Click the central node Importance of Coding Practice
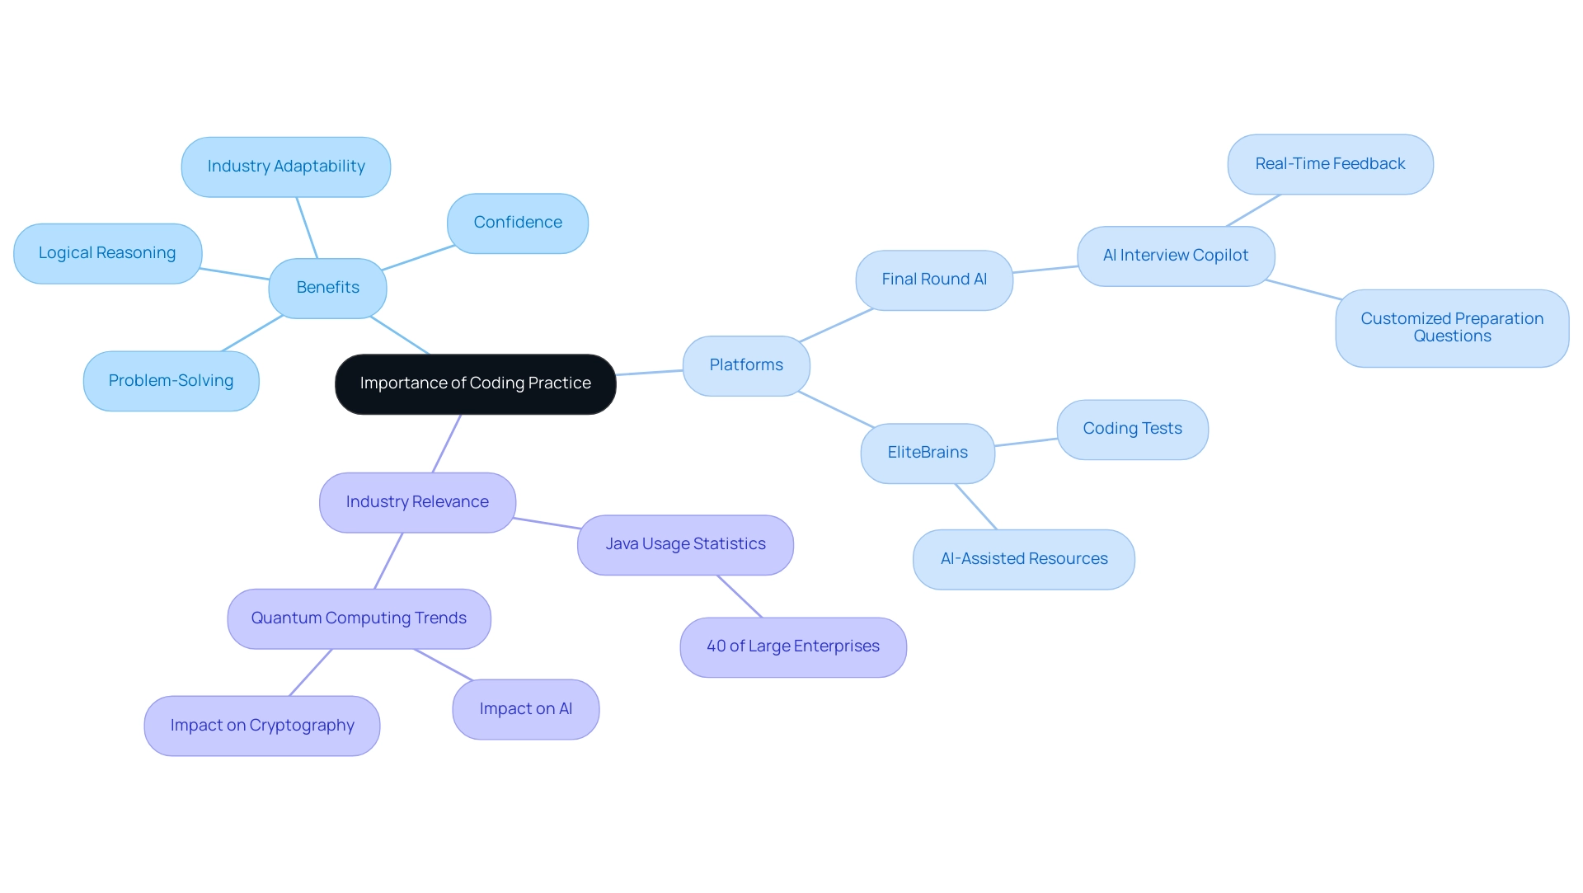(x=475, y=383)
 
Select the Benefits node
(x=327, y=288)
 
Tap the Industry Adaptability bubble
(x=285, y=167)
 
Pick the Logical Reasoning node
(x=107, y=253)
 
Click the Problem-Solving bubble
(x=171, y=381)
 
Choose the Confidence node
(x=517, y=223)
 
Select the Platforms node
(x=745, y=365)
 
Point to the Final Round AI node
(x=933, y=280)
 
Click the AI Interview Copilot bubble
(x=1175, y=256)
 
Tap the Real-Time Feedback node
(x=1329, y=164)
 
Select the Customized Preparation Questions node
(x=1451, y=327)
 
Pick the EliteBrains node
(x=927, y=453)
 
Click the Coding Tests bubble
(x=1131, y=429)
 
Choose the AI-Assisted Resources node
(x=1023, y=559)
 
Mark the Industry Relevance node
(x=416, y=502)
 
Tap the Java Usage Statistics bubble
(x=684, y=544)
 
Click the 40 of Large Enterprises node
(x=792, y=646)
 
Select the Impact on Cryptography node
(x=261, y=726)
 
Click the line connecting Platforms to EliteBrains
(x=836, y=410)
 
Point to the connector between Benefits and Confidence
(x=418, y=257)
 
